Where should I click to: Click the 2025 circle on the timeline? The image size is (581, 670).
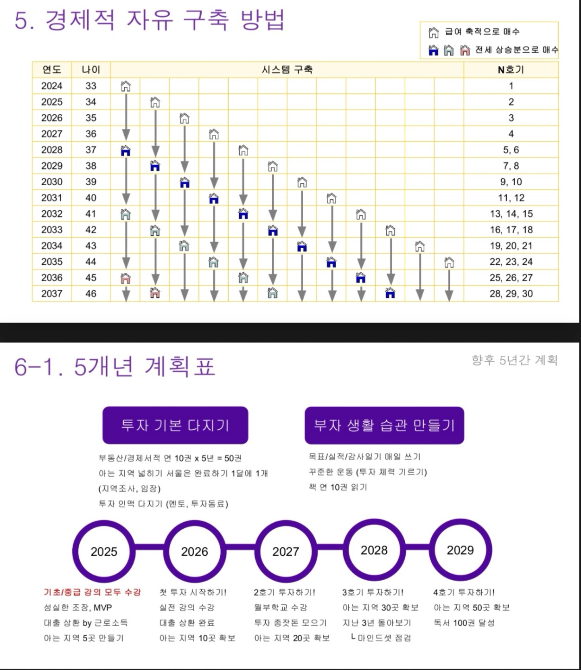[x=104, y=551]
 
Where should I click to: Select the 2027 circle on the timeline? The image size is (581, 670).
[x=285, y=551]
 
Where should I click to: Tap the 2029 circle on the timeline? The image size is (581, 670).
[x=460, y=550]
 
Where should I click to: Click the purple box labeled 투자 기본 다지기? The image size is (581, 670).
[x=175, y=425]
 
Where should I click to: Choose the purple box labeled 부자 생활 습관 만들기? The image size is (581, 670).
[x=384, y=425]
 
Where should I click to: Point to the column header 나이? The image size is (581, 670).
[x=91, y=69]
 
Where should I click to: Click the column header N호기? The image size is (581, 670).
[x=511, y=69]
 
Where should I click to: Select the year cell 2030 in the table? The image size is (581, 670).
[x=51, y=182]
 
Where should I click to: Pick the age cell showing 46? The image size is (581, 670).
[x=91, y=294]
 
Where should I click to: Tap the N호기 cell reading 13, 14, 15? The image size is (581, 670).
[x=511, y=214]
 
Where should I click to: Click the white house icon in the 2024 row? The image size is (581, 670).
[x=126, y=86]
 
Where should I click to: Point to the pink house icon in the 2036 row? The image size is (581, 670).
[x=126, y=278]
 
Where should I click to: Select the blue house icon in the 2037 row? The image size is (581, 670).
[x=390, y=293]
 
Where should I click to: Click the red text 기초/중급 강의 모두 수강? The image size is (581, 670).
[x=92, y=592]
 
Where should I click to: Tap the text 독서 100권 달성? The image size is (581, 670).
[x=464, y=623]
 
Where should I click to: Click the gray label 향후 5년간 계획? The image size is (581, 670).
[x=514, y=360]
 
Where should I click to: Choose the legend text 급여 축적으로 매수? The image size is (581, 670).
[x=482, y=31]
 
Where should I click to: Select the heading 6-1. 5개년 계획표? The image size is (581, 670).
[x=115, y=367]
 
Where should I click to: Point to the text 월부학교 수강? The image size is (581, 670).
[x=281, y=607]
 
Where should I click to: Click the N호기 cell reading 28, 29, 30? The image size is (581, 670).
[x=511, y=294]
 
